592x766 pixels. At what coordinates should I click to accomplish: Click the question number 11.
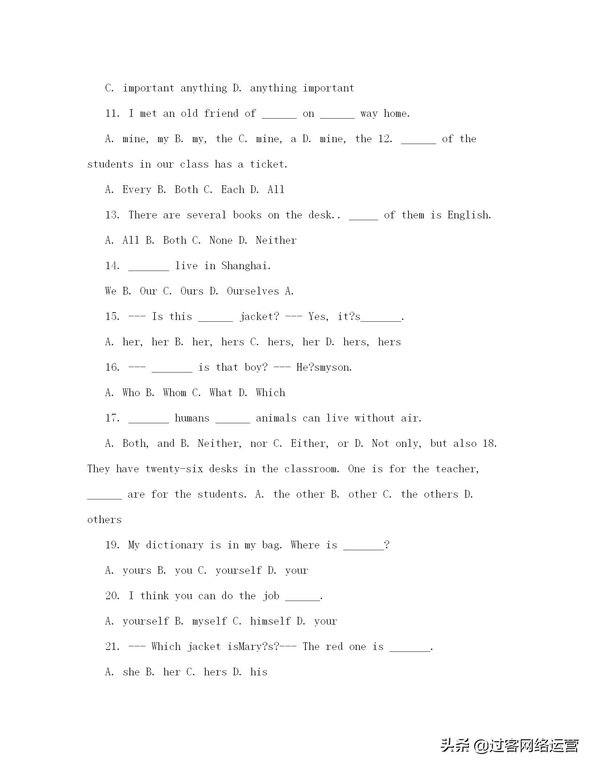pyautogui.click(x=112, y=114)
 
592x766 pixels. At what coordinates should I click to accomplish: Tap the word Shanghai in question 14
pyautogui.click(x=245, y=266)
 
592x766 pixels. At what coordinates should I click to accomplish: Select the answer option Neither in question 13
pyautogui.click(x=276, y=240)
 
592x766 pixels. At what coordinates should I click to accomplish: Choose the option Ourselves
pyautogui.click(x=253, y=291)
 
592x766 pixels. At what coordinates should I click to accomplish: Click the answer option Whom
pyautogui.click(x=174, y=393)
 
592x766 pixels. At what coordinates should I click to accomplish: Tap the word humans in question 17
pyautogui.click(x=192, y=418)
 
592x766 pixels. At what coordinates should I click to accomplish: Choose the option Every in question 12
pyautogui.click(x=137, y=190)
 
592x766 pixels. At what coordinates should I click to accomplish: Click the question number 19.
pyautogui.click(x=112, y=545)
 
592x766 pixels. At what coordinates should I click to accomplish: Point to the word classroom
pyautogui.click(x=311, y=469)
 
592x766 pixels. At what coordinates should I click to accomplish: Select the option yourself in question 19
pyautogui.click(x=238, y=571)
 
